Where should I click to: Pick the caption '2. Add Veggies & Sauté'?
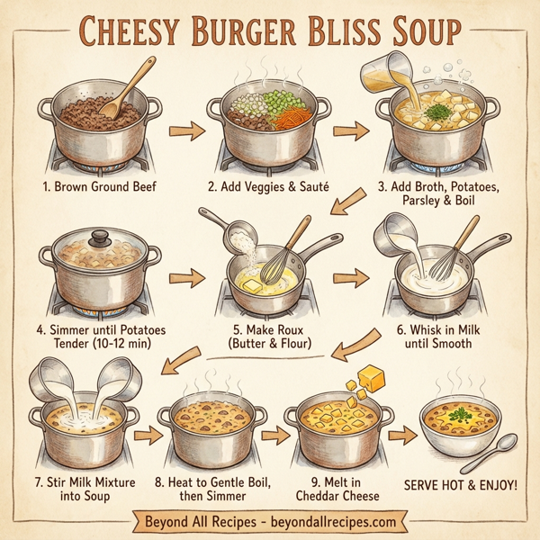[266, 188]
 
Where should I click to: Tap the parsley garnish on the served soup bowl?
[461, 415]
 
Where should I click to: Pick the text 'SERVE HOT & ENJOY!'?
[465, 484]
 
